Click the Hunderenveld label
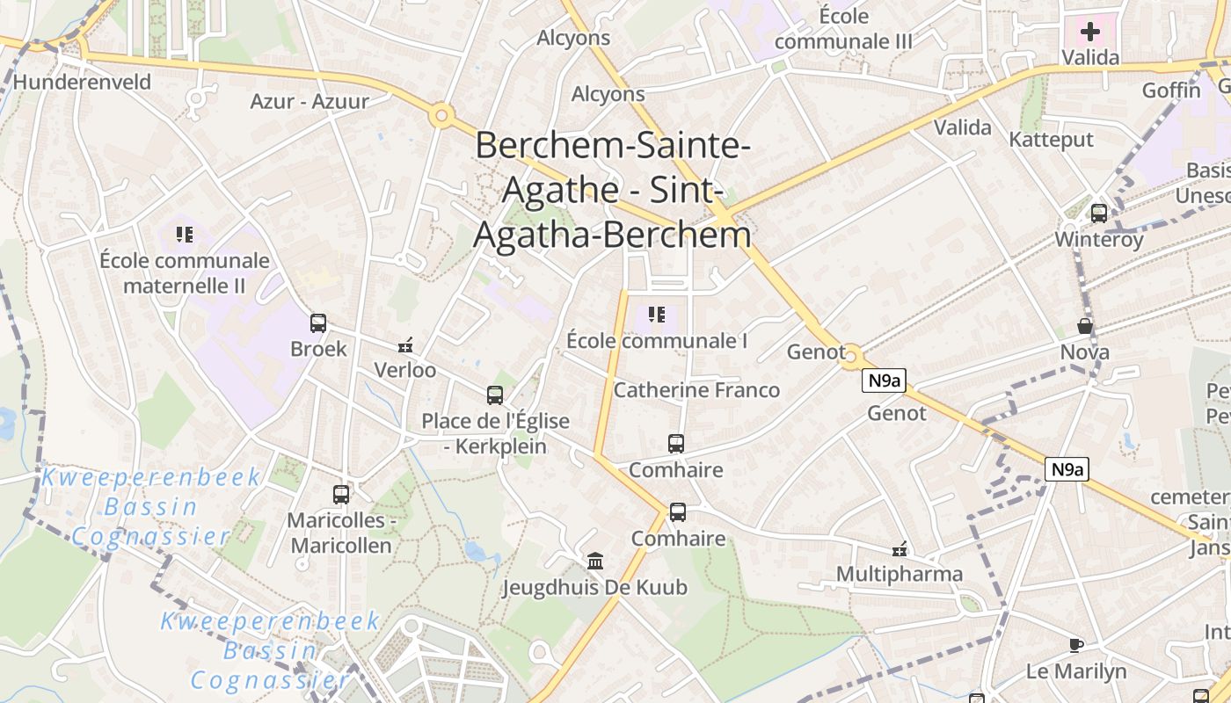pyautogui.click(x=83, y=82)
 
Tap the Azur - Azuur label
pyautogui.click(x=310, y=101)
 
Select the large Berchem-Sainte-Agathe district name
pyautogui.click(x=613, y=190)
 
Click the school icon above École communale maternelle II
pyautogui.click(x=185, y=234)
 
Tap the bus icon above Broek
pyautogui.click(x=318, y=323)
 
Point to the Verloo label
pyautogui.click(x=405, y=370)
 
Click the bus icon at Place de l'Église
pyautogui.click(x=495, y=395)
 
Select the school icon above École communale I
pyautogui.click(x=656, y=314)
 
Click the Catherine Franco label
pyautogui.click(x=696, y=389)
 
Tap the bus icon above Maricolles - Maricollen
pyautogui.click(x=341, y=495)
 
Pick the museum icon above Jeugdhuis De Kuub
pyautogui.click(x=595, y=561)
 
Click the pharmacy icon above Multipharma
pyautogui.click(x=900, y=549)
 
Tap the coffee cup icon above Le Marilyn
pyautogui.click(x=1075, y=646)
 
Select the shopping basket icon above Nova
pyautogui.click(x=1085, y=326)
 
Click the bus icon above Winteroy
pyautogui.click(x=1099, y=213)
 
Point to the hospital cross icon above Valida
pyautogui.click(x=1090, y=33)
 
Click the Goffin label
pyautogui.click(x=1171, y=91)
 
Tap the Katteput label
pyautogui.click(x=1051, y=140)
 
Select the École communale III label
pyautogui.click(x=843, y=28)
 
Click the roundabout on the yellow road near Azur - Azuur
pyautogui.click(x=441, y=115)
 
